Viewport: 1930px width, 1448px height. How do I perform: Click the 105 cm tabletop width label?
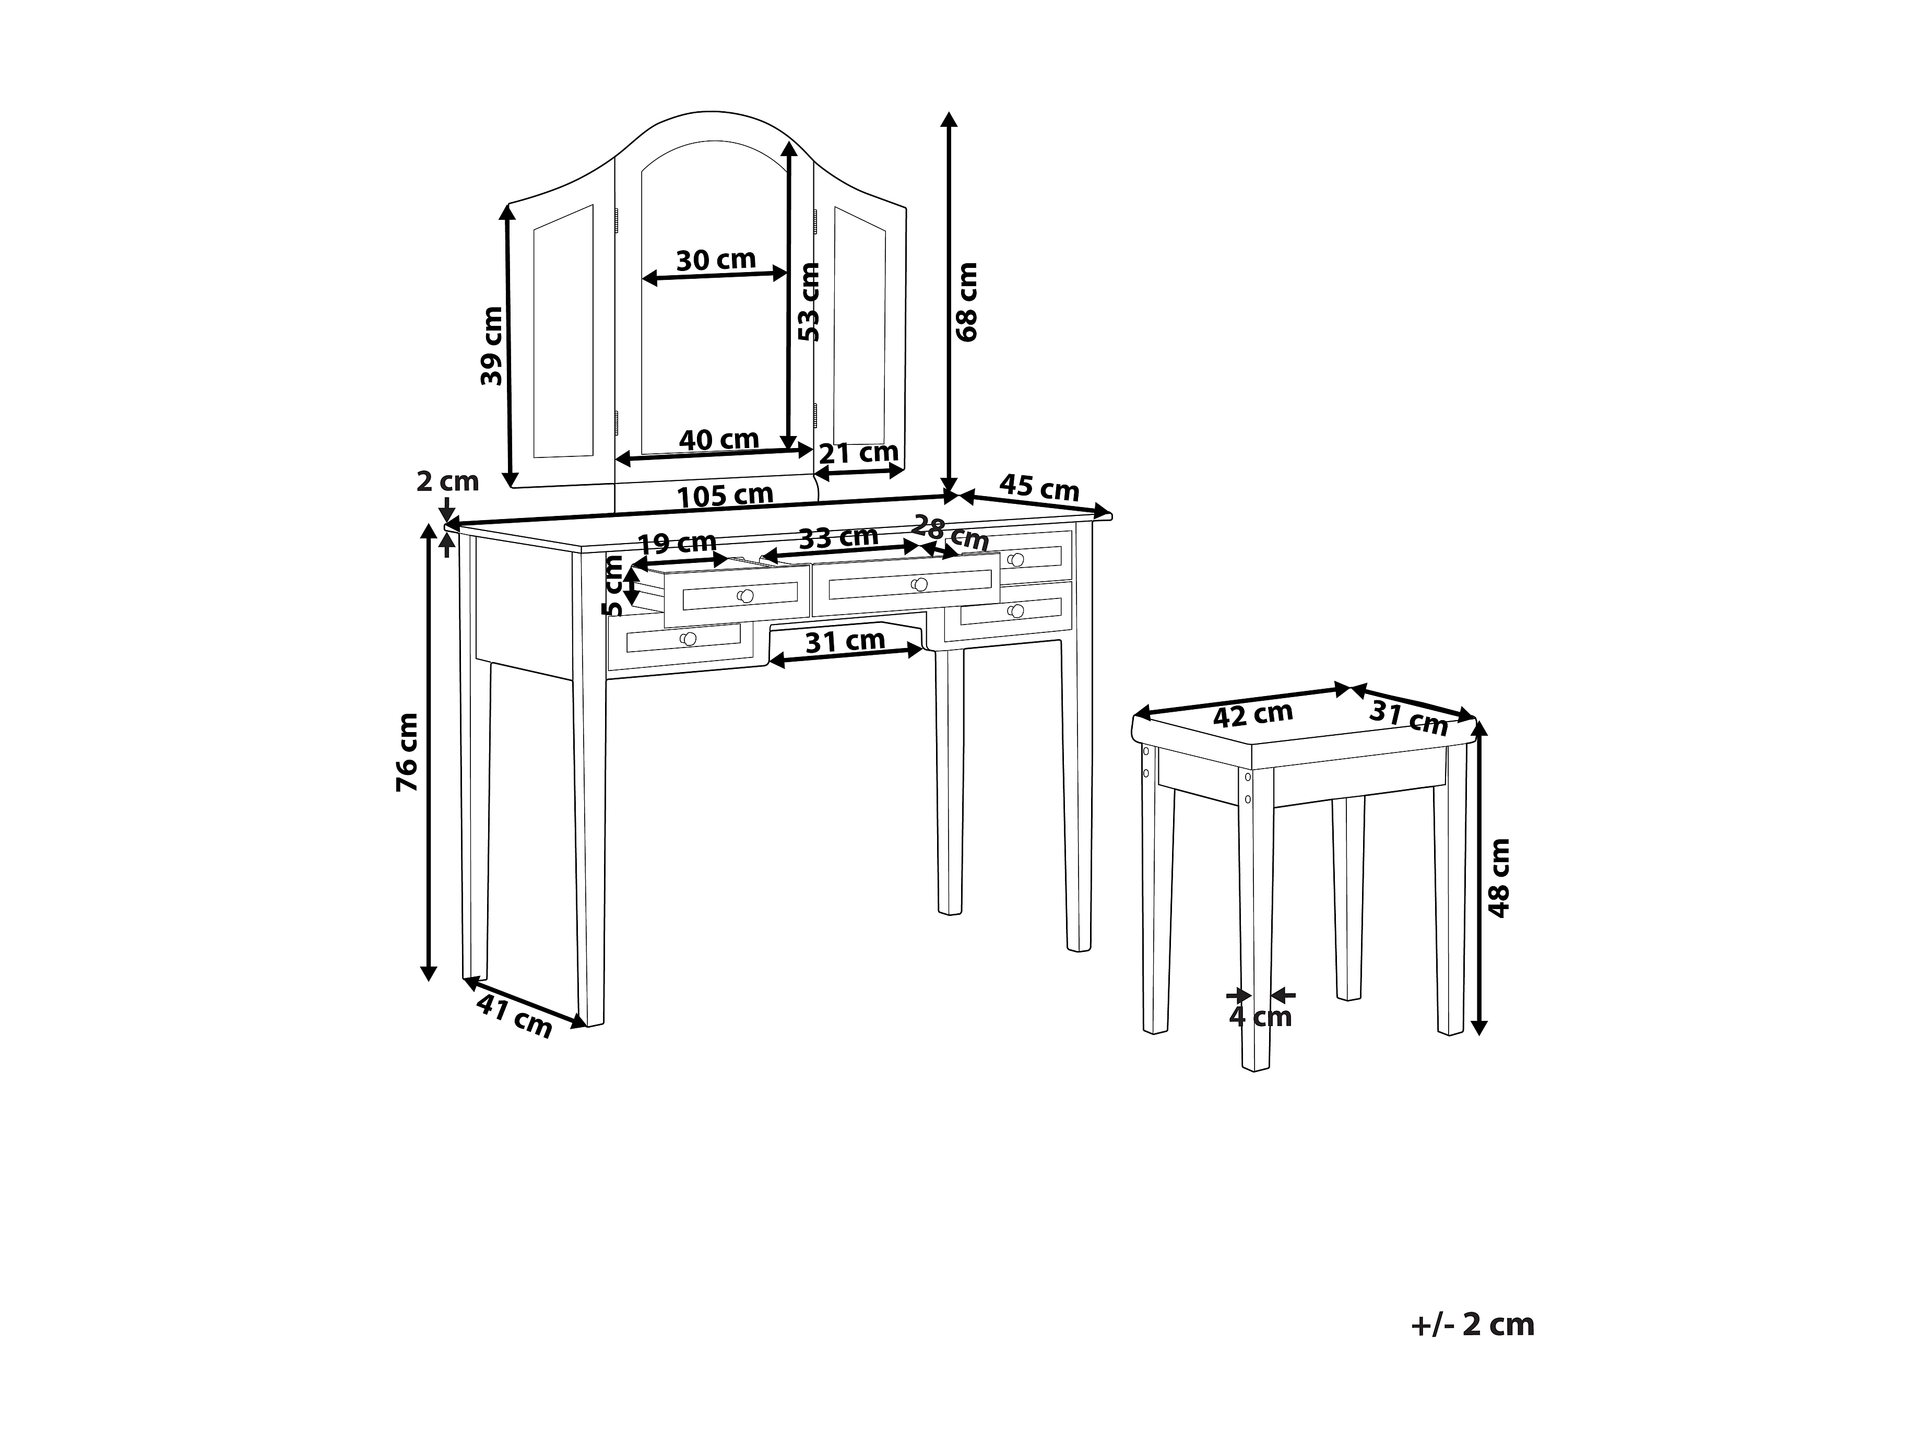pyautogui.click(x=725, y=495)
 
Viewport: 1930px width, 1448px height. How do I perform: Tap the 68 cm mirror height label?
pyautogui.click(x=968, y=301)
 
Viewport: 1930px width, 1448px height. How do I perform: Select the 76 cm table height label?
pyautogui.click(x=408, y=751)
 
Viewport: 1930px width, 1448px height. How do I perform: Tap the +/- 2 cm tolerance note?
pyautogui.click(x=1472, y=1324)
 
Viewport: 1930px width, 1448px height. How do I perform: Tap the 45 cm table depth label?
pyautogui.click(x=1039, y=487)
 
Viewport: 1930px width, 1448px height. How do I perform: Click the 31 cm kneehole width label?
pyautogui.click(x=845, y=642)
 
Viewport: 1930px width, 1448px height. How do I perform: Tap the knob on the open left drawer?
pyautogui.click(x=745, y=596)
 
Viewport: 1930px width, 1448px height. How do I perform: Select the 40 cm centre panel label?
pyautogui.click(x=719, y=439)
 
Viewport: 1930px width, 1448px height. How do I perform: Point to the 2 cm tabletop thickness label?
pyautogui.click(x=447, y=481)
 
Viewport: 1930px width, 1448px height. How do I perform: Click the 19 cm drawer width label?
pyautogui.click(x=677, y=543)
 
